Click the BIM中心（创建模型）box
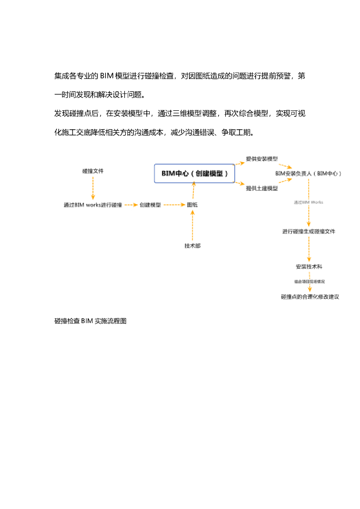(194, 173)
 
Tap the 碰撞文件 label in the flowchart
(93, 171)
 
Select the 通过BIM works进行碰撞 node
(92, 205)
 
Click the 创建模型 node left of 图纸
(150, 205)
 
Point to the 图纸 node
(192, 205)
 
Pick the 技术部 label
(192, 246)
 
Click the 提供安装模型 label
(262, 159)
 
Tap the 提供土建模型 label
(262, 188)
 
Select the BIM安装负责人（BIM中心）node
(308, 173)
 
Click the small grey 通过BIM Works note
(308, 202)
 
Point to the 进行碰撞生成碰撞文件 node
(309, 231)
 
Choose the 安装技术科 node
(309, 266)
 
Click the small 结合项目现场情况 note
(309, 281)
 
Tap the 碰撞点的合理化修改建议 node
(310, 297)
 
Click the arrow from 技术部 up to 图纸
(192, 227)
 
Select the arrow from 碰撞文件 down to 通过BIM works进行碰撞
(93, 188)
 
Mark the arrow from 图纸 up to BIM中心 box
(193, 191)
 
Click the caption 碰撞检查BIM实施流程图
(90, 321)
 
